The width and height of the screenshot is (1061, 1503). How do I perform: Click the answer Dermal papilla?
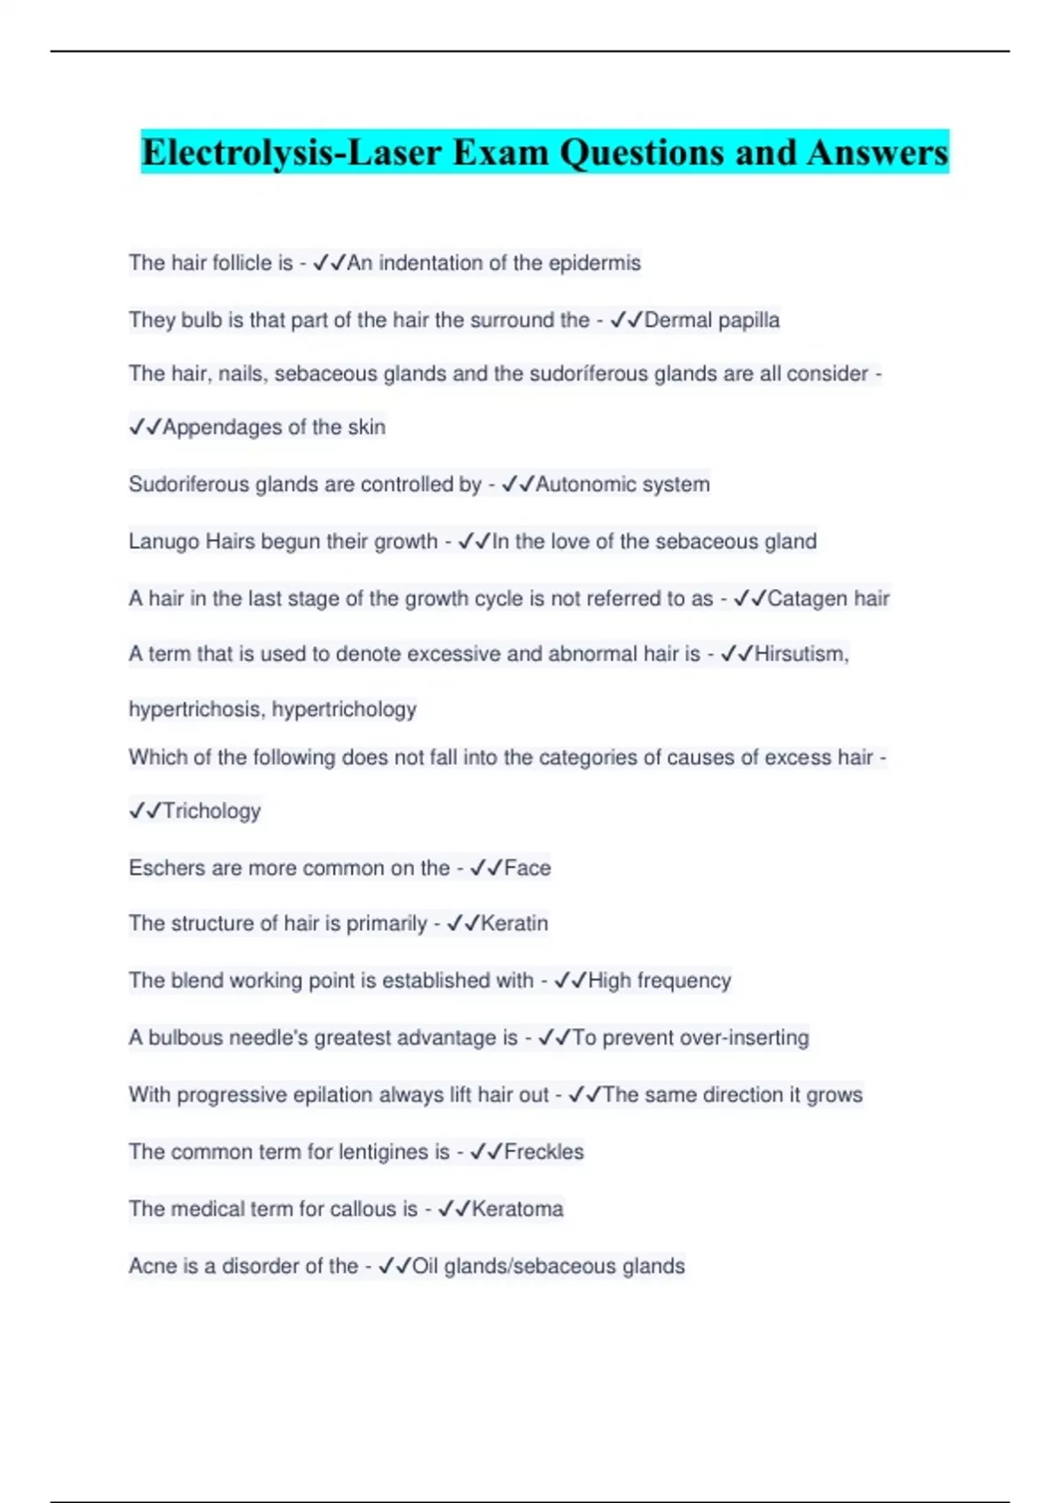coord(712,320)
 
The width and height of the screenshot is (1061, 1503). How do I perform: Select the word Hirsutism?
coord(801,654)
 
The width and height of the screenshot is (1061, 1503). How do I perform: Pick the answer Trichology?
coord(211,811)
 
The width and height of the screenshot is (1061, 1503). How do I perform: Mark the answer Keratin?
coord(514,924)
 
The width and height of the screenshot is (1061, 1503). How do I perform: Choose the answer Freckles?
coord(544,1152)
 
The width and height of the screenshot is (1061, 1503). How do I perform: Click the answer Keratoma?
coord(517,1209)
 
